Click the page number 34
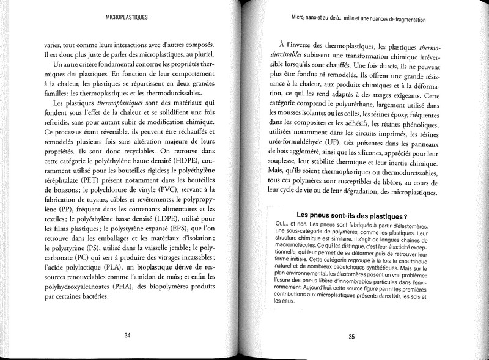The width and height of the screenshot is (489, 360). [128, 334]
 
